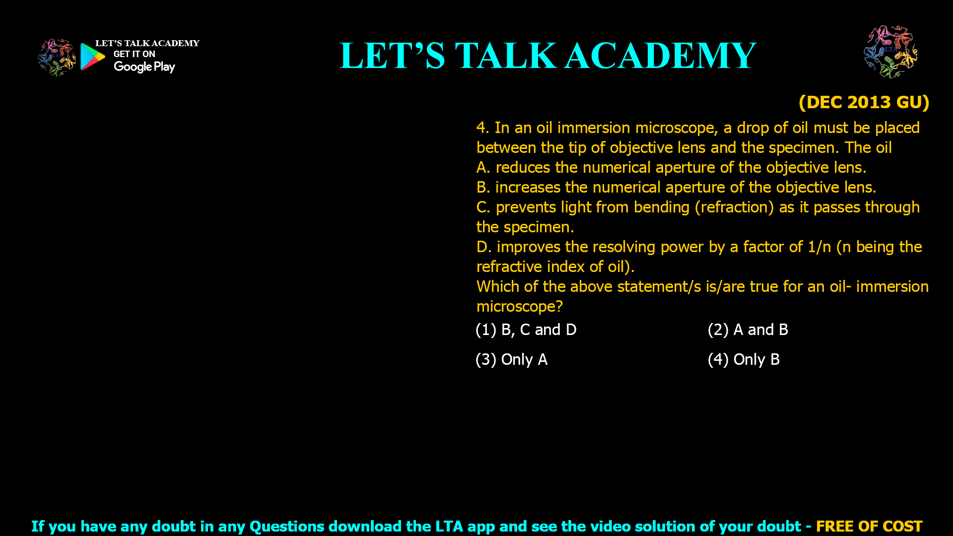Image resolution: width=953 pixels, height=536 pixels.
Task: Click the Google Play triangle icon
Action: click(x=92, y=57)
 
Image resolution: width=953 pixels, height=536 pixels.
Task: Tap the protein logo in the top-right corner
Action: click(x=890, y=52)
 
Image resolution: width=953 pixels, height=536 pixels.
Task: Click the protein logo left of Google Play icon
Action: click(x=57, y=58)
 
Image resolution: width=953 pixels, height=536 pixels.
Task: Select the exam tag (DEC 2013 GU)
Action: click(x=864, y=102)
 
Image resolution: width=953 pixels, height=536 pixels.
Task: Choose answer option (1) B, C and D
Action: click(x=526, y=330)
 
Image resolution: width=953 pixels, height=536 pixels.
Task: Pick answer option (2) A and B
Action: click(x=748, y=330)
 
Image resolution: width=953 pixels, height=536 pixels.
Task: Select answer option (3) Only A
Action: click(x=512, y=360)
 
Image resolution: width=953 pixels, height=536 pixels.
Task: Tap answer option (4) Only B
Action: click(x=744, y=360)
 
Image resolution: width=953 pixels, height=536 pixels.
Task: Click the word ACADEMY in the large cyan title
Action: click(x=660, y=56)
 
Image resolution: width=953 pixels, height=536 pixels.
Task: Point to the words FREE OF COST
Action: click(x=869, y=526)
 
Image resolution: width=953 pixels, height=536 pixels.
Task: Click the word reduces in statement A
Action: click(x=523, y=168)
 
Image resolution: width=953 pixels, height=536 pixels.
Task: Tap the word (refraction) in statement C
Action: click(x=734, y=207)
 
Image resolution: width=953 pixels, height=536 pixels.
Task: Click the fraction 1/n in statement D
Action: click(x=819, y=247)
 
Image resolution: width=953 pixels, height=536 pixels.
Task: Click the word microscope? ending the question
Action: click(x=520, y=307)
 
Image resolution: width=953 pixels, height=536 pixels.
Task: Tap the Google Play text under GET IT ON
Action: click(x=144, y=67)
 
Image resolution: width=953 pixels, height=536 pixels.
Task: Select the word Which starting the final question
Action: click(x=497, y=287)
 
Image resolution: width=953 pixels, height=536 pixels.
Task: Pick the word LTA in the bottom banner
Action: click(x=449, y=526)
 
